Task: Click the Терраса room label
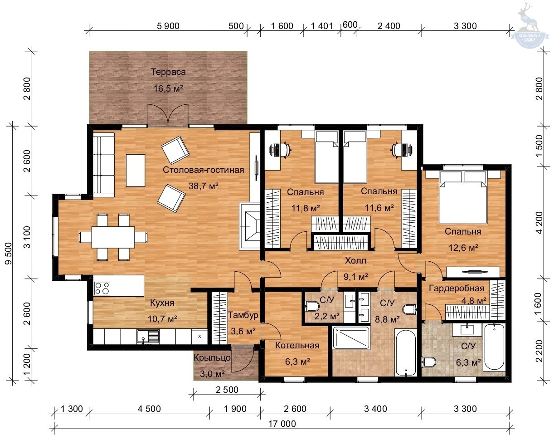(168, 72)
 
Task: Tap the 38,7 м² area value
(204, 186)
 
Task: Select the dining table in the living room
(113, 237)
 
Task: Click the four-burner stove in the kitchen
(102, 288)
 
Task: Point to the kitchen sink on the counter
(148, 336)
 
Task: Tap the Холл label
(355, 261)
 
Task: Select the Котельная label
(297, 346)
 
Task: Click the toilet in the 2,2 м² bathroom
(312, 306)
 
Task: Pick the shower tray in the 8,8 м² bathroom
(351, 338)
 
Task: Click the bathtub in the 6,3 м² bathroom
(494, 347)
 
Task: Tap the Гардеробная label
(457, 288)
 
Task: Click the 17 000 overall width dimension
(282, 424)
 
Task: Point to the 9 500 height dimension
(9, 253)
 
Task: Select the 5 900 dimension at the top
(168, 26)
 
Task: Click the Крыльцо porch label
(212, 358)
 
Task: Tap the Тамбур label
(243, 315)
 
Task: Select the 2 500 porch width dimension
(227, 390)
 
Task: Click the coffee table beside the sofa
(136, 171)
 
